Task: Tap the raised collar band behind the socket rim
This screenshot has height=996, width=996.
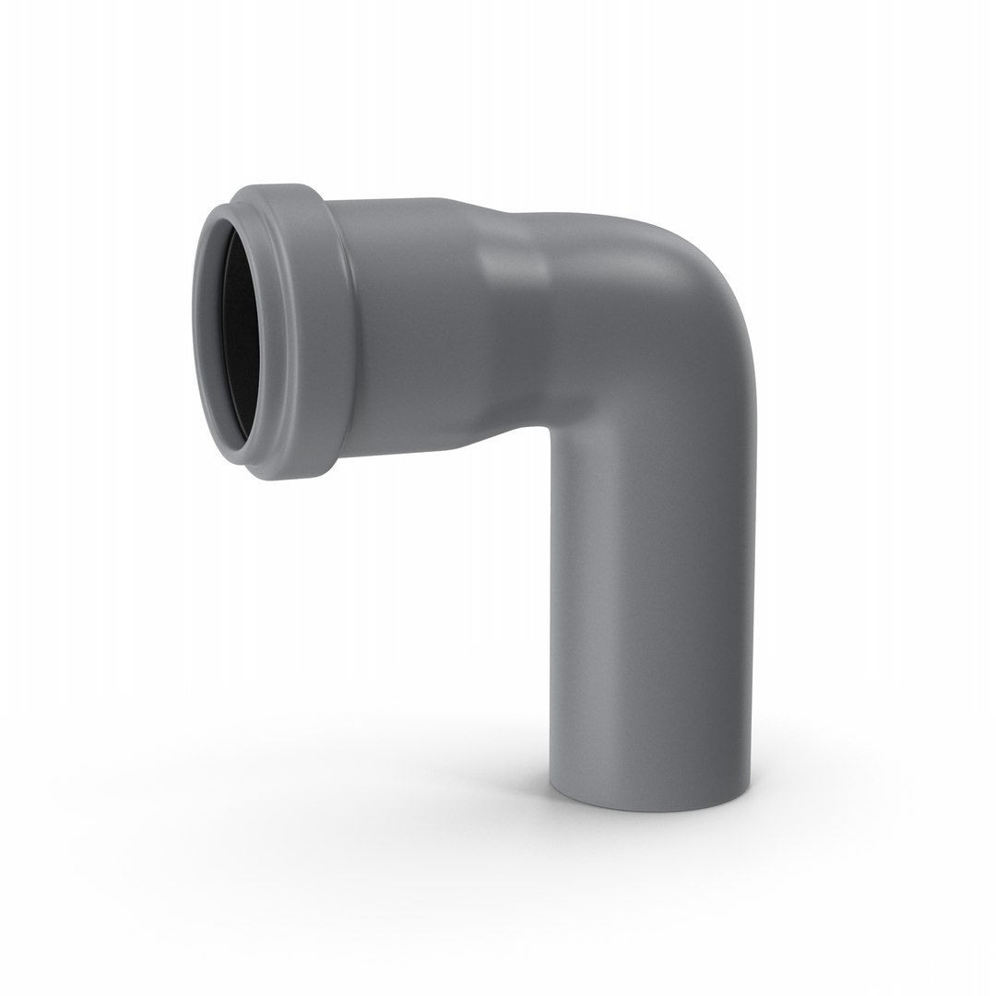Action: [314, 332]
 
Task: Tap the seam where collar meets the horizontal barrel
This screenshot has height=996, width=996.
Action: [343, 332]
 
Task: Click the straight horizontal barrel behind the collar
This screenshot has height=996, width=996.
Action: [406, 323]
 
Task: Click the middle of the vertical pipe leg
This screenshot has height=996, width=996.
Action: [650, 599]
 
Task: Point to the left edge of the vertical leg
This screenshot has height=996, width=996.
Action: [551, 599]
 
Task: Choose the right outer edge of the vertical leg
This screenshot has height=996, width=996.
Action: [751, 599]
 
